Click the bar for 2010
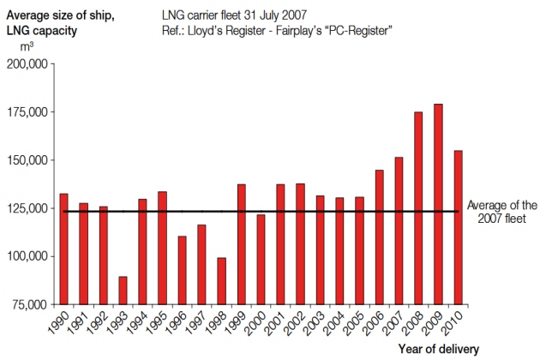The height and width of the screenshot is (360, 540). point(458,227)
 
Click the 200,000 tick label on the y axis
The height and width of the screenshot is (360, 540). point(29,64)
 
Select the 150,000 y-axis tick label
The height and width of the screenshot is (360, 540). point(29,160)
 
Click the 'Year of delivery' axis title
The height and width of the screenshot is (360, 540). point(438,349)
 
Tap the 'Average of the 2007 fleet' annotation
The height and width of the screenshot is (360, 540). point(501,212)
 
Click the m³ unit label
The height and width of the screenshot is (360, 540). point(27,45)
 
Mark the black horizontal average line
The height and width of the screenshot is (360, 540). point(257,211)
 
